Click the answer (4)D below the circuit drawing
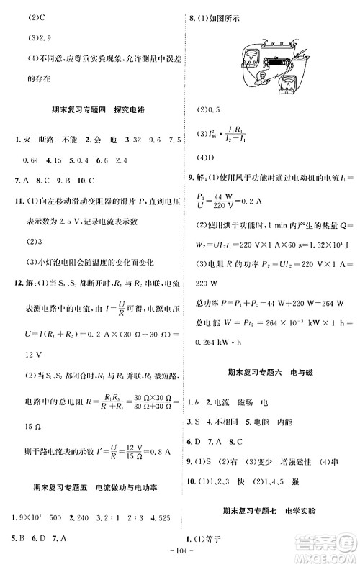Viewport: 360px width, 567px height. click(207, 156)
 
